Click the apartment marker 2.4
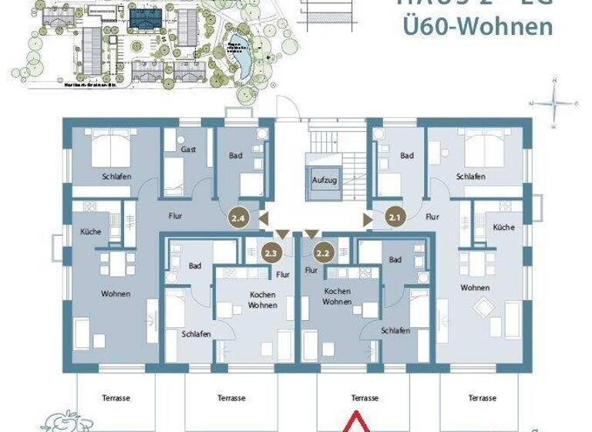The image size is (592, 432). point(239,218)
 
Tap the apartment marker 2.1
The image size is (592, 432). point(396,217)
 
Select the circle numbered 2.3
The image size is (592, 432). point(271,251)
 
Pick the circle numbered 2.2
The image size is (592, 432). point(324,251)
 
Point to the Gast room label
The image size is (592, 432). point(187,149)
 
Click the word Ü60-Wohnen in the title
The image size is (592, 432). point(478,27)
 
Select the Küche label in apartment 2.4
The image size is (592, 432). point(91,231)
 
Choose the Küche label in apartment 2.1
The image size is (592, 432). point(503,228)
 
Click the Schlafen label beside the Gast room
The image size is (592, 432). point(116,177)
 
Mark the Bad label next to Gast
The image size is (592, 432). point(236,156)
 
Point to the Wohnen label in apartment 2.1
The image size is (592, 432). point(475,288)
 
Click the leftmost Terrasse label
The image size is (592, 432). point(116,398)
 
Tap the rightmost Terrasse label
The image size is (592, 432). point(483,398)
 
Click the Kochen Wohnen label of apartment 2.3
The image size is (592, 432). point(263,300)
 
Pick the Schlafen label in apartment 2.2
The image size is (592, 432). point(395,330)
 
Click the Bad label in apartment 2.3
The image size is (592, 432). point(196,266)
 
